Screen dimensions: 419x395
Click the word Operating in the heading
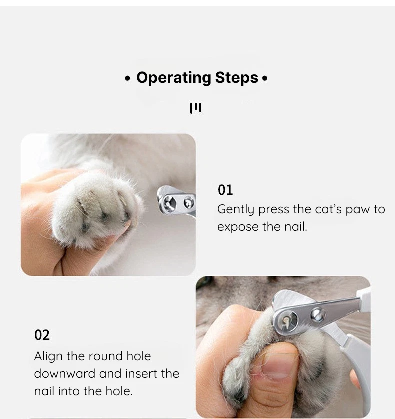[173, 78]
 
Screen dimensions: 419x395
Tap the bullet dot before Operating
[128, 79]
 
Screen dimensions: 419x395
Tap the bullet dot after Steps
[265, 79]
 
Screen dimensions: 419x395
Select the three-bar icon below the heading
[196, 108]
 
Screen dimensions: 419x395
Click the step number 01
[225, 190]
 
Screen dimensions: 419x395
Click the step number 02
[42, 335]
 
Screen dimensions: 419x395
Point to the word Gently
[236, 210]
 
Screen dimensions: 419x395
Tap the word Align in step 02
[48, 356]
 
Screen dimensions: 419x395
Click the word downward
[64, 374]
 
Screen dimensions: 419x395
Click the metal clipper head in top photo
[176, 202]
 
